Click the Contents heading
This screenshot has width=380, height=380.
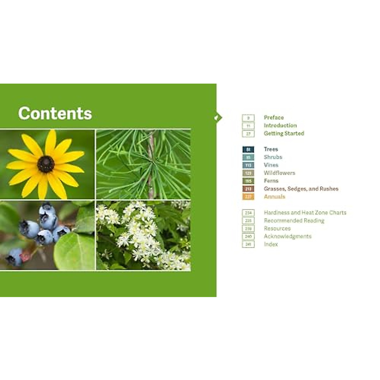[x=55, y=113]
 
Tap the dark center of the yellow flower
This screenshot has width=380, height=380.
[x=46, y=164]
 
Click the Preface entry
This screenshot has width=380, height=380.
[x=274, y=117]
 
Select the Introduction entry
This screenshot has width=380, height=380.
[x=280, y=125]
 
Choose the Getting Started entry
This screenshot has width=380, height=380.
[x=284, y=133]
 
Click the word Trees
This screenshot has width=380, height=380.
[x=271, y=149]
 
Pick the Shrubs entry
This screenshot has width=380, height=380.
[x=273, y=157]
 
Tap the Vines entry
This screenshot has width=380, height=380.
[x=271, y=165]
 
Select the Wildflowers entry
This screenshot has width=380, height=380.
[x=279, y=173]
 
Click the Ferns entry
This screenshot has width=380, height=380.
[x=271, y=181]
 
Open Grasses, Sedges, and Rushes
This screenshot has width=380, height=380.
[x=301, y=189]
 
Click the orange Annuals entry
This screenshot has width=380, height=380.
[x=274, y=197]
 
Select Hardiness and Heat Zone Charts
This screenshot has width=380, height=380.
[x=305, y=212]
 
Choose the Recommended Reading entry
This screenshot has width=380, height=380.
[x=294, y=220]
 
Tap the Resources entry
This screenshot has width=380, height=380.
[x=277, y=228]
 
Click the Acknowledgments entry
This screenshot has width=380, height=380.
[x=288, y=236]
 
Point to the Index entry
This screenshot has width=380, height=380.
[x=271, y=244]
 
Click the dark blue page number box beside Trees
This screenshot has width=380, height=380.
[x=248, y=149]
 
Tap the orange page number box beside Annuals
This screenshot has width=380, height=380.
[x=248, y=197]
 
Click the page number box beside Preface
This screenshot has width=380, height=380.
[x=248, y=118]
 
